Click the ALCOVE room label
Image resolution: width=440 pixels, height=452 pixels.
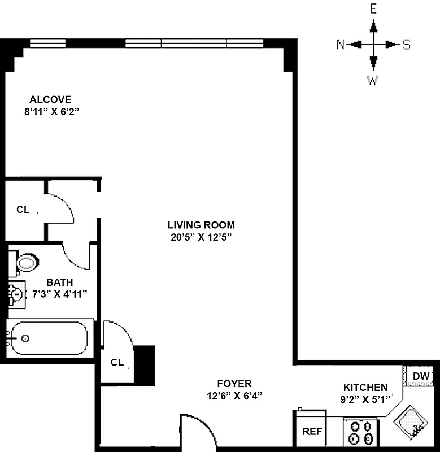point(50,99)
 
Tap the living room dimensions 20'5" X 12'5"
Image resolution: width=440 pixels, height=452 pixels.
point(202,237)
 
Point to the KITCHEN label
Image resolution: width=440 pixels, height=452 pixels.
point(365,388)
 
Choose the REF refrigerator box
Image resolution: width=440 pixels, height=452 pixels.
point(312,432)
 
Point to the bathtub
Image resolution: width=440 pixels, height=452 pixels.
point(47,338)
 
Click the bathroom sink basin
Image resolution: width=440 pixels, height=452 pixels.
point(17,294)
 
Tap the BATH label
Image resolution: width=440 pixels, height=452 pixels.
point(59,282)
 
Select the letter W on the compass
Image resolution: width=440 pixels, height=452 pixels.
point(373,81)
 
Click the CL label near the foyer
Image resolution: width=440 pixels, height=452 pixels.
point(117,362)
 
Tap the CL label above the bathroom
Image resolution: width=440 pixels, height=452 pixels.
point(23,210)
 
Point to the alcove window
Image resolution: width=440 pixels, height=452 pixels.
point(47,42)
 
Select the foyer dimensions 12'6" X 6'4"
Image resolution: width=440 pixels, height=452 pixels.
point(235,395)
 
